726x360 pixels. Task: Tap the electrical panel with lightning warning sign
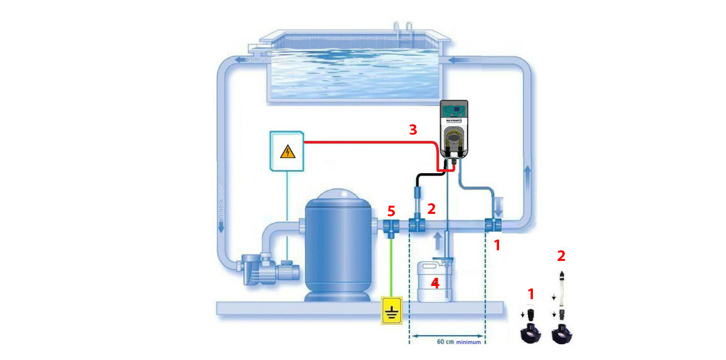pyautogui.click(x=287, y=151)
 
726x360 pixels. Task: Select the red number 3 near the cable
pyautogui.click(x=413, y=130)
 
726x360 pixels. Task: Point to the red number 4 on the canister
pyautogui.click(x=434, y=283)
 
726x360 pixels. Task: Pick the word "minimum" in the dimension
pyautogui.click(x=468, y=342)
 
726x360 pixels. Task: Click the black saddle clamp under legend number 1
pyautogui.click(x=532, y=332)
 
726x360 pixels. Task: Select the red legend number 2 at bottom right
pyautogui.click(x=560, y=256)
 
